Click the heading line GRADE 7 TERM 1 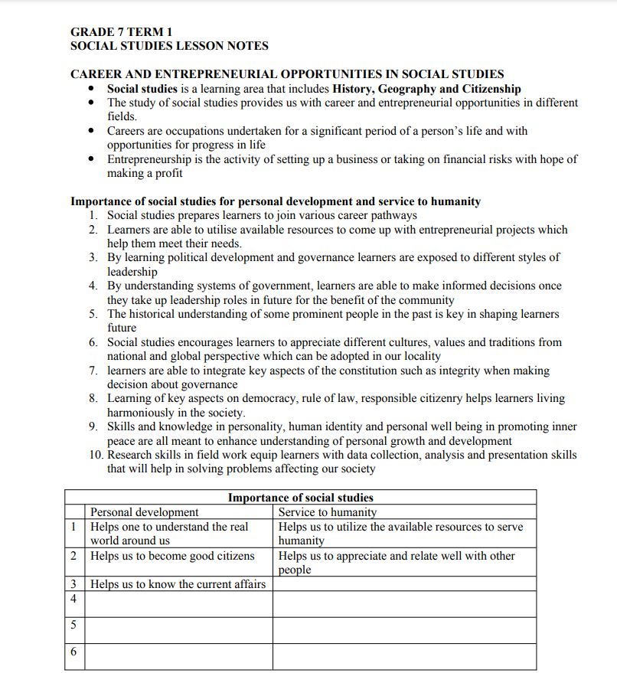point(121,32)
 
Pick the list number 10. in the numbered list point(96,455)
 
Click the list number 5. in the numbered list point(93,314)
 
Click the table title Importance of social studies point(300,498)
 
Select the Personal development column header point(144,512)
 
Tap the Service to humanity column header point(327,512)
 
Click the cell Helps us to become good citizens point(172,556)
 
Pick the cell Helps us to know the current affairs point(178,584)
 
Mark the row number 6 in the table point(73,652)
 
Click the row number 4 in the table point(73,599)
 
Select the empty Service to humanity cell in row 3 point(404,584)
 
